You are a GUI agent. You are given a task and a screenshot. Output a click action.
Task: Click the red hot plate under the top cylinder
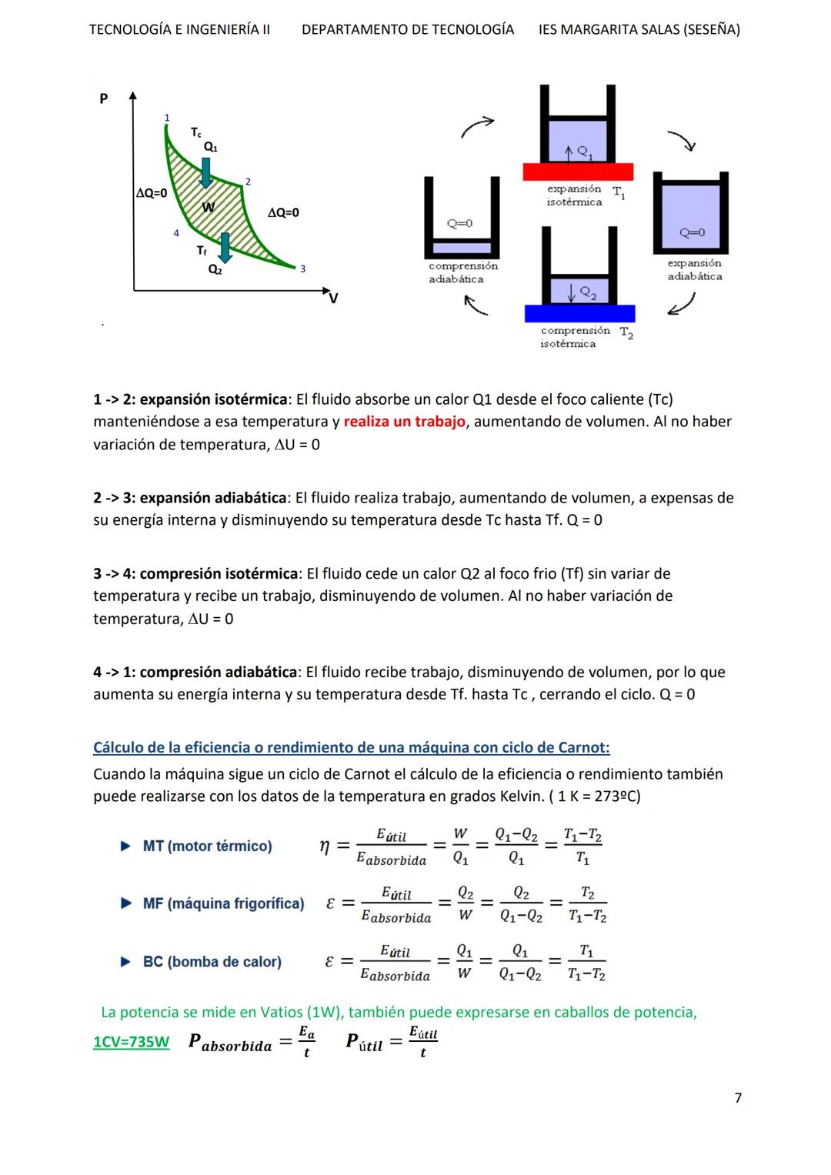tap(578, 172)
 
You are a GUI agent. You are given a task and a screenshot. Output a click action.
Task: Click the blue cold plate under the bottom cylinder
tap(579, 313)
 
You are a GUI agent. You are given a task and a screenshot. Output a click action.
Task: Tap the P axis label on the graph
tap(104, 98)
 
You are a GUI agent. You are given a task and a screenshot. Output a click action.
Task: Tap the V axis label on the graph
tap(333, 298)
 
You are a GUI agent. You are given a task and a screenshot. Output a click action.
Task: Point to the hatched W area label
tap(208, 207)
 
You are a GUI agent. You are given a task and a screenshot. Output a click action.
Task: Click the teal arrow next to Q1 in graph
tap(206, 172)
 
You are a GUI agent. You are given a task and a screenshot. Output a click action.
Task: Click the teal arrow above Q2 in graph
tap(225, 247)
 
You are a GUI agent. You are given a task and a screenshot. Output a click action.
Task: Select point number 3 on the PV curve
tap(302, 269)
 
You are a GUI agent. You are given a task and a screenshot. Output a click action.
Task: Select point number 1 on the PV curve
tap(167, 118)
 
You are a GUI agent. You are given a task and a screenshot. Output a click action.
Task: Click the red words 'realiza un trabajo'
tap(404, 422)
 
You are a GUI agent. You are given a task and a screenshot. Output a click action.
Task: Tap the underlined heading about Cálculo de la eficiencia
tap(351, 747)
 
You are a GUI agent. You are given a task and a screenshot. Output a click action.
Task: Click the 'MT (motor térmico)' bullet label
tap(207, 846)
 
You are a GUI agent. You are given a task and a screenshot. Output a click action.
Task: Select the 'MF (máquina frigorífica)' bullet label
tap(223, 903)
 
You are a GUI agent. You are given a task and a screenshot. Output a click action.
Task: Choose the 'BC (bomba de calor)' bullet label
tap(212, 962)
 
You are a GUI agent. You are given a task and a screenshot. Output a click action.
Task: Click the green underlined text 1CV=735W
tap(131, 1042)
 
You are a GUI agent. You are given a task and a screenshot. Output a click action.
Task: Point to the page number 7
tap(738, 1097)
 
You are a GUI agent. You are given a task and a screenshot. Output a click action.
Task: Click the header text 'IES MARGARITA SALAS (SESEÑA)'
tap(639, 30)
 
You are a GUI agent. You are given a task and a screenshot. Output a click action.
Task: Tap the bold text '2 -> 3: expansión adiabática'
tap(190, 498)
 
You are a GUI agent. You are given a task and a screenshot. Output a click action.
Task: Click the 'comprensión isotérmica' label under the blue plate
tap(576, 337)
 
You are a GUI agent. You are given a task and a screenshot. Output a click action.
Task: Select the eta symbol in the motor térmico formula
tap(325, 846)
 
